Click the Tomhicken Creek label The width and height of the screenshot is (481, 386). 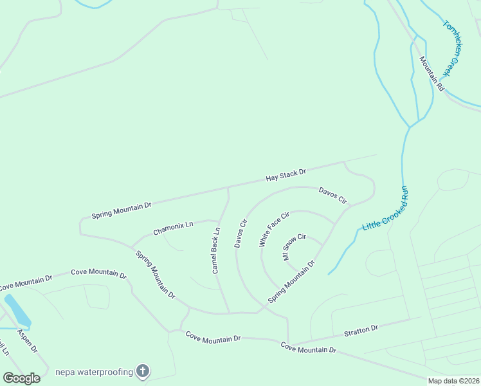click(458, 48)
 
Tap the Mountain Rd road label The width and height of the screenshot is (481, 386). click(432, 73)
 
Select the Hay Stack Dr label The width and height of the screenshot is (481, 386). click(286, 175)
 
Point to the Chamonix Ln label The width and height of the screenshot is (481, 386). click(173, 228)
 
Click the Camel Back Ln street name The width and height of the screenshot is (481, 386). click(216, 250)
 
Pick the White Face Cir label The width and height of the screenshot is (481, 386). click(275, 229)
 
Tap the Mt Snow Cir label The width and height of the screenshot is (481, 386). click(295, 246)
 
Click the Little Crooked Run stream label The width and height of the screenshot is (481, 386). click(386, 208)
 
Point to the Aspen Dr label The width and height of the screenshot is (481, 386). click(28, 341)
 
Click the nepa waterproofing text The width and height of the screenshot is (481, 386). click(94, 372)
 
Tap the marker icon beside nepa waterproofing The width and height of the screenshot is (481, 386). click(143, 371)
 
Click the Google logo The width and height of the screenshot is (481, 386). click(21, 378)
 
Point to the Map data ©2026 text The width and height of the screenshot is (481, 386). click(453, 381)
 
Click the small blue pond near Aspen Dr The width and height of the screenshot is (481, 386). click(17, 310)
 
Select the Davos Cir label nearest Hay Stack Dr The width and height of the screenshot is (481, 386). click(332, 196)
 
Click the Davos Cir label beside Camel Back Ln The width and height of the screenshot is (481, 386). click(241, 234)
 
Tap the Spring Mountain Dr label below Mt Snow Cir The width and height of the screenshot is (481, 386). click(291, 282)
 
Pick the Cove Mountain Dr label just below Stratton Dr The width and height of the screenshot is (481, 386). click(309, 348)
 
